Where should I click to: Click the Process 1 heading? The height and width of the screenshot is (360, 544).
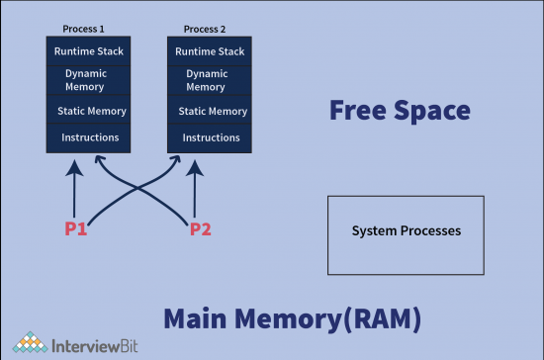tap(84, 30)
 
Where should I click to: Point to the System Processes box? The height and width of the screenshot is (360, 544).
tap(406, 234)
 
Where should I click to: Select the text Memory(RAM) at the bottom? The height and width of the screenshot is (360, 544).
tap(331, 318)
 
